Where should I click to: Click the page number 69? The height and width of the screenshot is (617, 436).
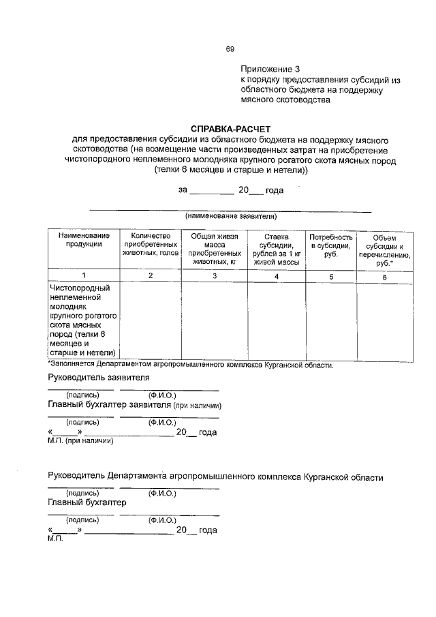(230, 48)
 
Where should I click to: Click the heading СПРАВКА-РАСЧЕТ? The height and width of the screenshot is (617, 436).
(230, 128)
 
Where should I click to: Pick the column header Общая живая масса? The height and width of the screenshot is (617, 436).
(214, 248)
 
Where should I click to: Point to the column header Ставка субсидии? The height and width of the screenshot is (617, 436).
(275, 248)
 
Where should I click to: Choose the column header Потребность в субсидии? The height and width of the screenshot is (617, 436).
(330, 244)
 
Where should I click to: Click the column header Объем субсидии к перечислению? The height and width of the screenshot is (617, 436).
(384, 249)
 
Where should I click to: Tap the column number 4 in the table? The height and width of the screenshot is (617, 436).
(276, 276)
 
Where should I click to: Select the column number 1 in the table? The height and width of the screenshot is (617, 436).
(84, 275)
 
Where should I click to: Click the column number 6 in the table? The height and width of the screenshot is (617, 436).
(384, 277)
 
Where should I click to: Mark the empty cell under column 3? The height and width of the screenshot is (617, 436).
(214, 320)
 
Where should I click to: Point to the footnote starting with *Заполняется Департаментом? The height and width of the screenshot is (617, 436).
(190, 365)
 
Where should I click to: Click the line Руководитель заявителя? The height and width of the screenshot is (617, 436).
(98, 377)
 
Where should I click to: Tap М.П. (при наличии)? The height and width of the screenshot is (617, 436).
(80, 440)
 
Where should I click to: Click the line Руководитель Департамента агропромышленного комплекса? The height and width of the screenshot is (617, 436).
(215, 477)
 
